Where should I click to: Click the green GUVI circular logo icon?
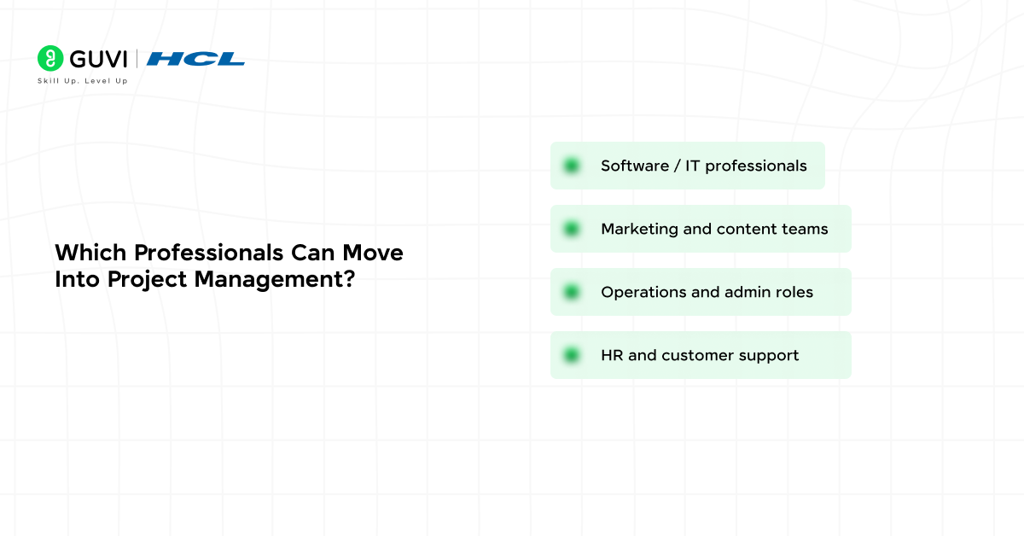(51, 59)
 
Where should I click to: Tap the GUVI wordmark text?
(97, 59)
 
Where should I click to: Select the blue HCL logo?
(195, 59)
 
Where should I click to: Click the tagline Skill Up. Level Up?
(82, 81)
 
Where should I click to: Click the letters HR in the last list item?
(612, 355)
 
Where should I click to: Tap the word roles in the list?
(794, 292)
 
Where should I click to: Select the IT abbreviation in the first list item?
(692, 166)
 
